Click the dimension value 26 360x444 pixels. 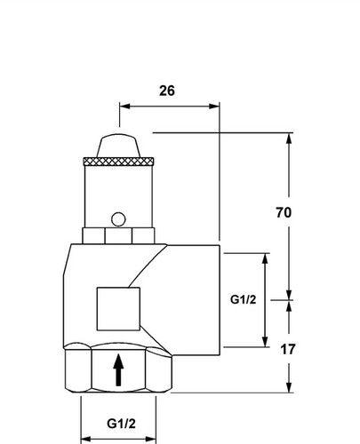point(167,91)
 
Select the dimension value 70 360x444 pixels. point(284,212)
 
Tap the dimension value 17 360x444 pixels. point(288,349)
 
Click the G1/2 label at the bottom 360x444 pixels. point(121,424)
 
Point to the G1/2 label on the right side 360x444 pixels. point(243,299)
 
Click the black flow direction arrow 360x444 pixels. point(118,369)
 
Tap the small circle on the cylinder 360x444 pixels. point(118,219)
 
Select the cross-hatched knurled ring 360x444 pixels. point(118,162)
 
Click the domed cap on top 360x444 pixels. point(118,146)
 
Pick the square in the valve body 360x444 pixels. point(118,309)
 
